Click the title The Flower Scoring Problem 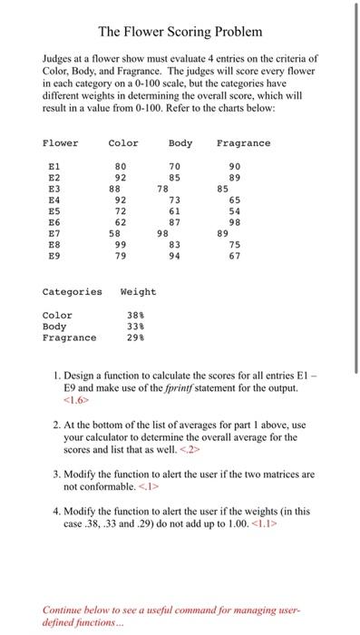click(180, 32)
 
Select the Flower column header click(61, 143)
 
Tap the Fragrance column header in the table click(243, 143)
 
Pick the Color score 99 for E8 click(120, 245)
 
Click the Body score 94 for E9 click(175, 256)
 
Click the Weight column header click(138, 292)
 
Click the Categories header click(73, 292)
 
